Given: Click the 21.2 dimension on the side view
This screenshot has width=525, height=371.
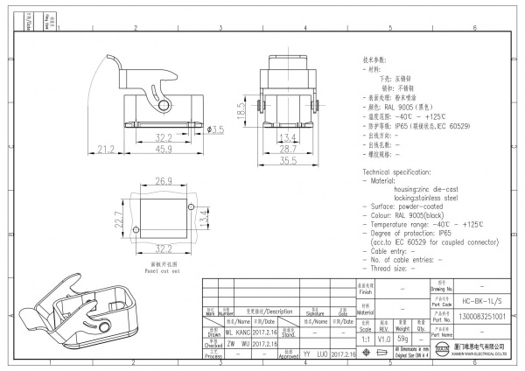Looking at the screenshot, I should pos(104,150).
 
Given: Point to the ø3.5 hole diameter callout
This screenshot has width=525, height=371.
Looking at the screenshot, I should pos(215,129).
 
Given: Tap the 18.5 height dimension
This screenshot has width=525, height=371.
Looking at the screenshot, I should pos(240,112).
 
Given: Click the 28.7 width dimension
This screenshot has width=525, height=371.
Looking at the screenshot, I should pos(287,150).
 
